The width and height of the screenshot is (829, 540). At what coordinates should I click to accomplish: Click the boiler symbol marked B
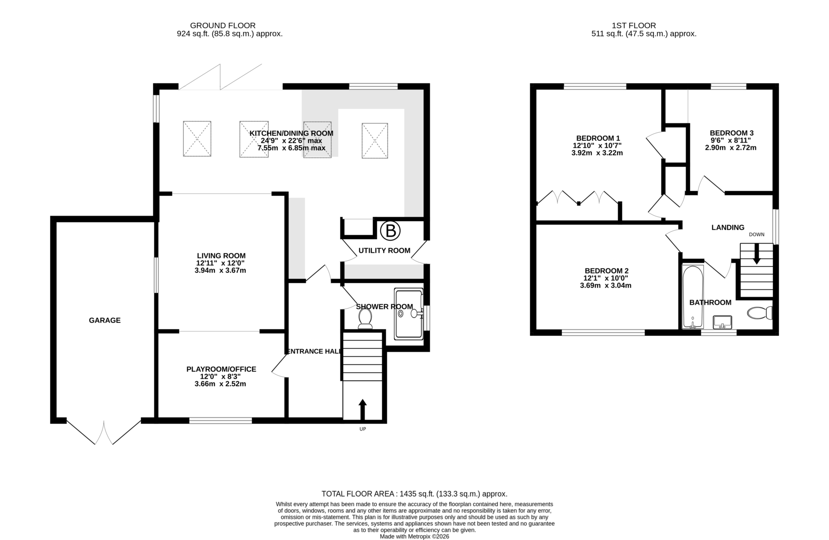pos(390,231)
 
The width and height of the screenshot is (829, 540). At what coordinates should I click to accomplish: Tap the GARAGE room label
pos(104,320)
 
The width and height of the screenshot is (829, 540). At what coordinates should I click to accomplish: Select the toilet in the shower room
pos(365,318)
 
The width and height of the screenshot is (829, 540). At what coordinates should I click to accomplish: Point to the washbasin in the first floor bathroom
pos(722,322)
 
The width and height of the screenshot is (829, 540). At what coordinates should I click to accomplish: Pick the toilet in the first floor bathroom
pos(759,313)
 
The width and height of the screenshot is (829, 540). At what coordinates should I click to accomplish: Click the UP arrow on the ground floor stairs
pos(362,409)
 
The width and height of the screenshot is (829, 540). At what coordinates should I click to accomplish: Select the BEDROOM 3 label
pos(731,133)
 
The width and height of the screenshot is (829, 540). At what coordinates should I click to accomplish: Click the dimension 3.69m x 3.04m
pos(606,286)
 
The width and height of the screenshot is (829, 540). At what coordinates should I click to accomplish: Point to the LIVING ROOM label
pos(221,256)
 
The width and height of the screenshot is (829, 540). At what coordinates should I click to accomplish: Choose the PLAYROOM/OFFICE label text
pos(221,369)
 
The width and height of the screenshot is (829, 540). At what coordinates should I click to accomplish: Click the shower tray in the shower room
pos(408,314)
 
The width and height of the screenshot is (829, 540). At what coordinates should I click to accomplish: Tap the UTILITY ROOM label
pos(384,251)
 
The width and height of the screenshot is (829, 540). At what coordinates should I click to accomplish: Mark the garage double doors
pos(104,433)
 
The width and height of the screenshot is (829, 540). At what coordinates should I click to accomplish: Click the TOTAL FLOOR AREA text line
pos(414,494)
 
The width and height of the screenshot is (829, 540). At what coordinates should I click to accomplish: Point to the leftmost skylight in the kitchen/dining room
pos(197,138)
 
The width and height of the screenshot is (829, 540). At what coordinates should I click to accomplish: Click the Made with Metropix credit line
pos(414,536)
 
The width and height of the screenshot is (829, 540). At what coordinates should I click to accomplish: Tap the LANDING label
pos(727,228)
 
